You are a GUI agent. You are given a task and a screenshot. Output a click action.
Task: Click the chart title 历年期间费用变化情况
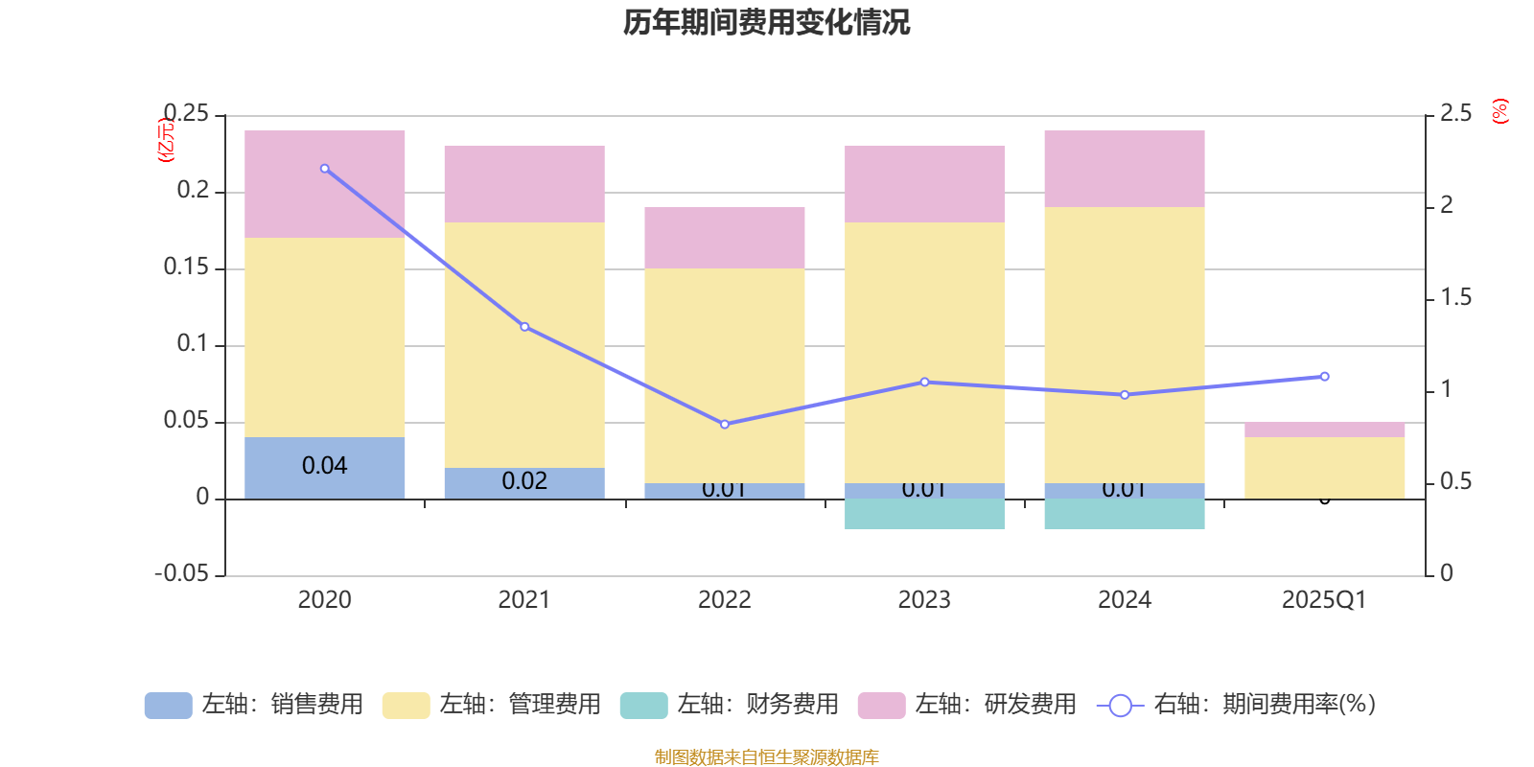click(x=766, y=22)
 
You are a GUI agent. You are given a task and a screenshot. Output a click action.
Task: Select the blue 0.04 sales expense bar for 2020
click(x=325, y=467)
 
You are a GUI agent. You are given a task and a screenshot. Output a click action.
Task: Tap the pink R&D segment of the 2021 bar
click(x=524, y=184)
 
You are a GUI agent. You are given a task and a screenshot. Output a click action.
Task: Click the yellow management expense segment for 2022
click(x=724, y=375)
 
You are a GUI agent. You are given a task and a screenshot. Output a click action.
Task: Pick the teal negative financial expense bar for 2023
click(x=924, y=514)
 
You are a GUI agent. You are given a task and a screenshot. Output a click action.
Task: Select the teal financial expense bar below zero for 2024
click(x=1125, y=514)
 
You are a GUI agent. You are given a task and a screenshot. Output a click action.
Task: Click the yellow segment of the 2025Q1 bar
click(x=1324, y=467)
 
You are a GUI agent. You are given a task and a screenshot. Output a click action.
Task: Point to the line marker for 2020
click(x=325, y=169)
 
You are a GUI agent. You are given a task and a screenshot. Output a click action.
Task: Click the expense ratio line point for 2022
click(x=724, y=424)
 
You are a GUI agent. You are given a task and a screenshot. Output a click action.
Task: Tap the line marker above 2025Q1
click(x=1324, y=377)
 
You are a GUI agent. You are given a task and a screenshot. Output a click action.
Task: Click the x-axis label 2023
click(x=924, y=600)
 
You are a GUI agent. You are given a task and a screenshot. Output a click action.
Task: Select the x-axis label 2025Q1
click(x=1324, y=600)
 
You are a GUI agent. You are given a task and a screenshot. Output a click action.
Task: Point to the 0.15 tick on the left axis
click(x=186, y=267)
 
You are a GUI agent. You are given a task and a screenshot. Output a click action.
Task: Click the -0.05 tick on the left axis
click(x=182, y=574)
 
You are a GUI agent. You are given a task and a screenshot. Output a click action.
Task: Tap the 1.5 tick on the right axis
click(x=1455, y=298)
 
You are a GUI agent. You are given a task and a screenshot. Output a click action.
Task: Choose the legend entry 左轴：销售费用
click(x=254, y=705)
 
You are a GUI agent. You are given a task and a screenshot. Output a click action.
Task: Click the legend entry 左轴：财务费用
click(x=730, y=705)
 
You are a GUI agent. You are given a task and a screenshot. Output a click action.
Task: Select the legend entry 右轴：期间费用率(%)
click(x=1236, y=705)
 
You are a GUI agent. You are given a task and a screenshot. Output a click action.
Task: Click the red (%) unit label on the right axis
click(x=1500, y=111)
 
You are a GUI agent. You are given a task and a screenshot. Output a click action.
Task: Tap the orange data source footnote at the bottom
click(x=766, y=757)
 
